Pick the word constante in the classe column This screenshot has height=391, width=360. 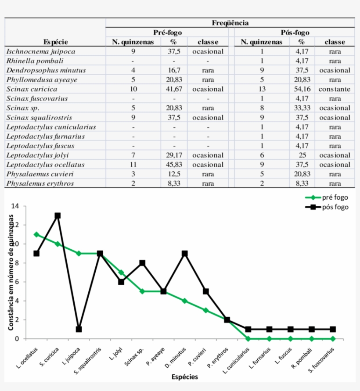click(335, 89)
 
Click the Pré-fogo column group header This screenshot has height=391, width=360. click(167, 32)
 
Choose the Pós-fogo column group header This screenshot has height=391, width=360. click(295, 32)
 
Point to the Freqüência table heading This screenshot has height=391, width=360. click(230, 23)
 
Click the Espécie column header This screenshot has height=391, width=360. click(56, 42)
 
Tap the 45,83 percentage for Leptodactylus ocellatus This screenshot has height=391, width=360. click(174, 165)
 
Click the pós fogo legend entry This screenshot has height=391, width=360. click(335, 207)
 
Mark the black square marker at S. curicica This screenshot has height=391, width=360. click(58, 215)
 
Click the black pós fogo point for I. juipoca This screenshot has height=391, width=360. click(79, 329)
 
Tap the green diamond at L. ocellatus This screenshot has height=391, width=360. click(36, 234)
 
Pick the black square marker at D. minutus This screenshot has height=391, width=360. click(185, 254)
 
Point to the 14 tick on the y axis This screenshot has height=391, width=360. click(15, 206)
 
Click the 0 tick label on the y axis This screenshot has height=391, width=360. click(17, 339)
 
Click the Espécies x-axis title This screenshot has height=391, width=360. click(184, 377)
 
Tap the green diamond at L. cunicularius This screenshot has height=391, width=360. click(248, 339)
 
